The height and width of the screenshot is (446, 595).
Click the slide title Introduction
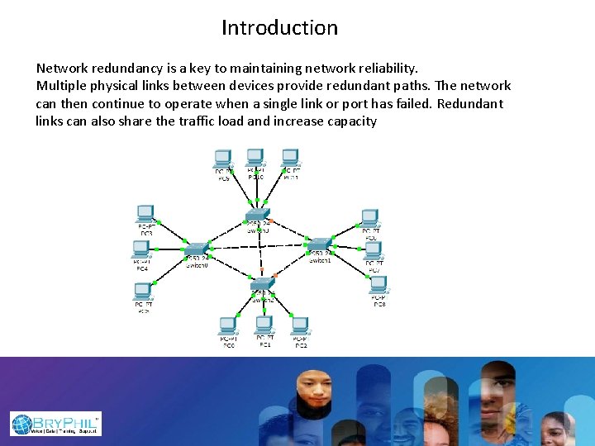[279, 28]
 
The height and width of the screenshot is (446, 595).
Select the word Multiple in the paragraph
[62, 86]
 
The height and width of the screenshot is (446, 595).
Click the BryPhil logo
[55, 424]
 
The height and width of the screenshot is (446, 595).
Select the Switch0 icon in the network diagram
[197, 249]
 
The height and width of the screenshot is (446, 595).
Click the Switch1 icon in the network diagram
[319, 244]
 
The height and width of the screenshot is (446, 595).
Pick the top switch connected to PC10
[257, 216]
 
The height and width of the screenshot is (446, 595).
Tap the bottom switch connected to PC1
[264, 285]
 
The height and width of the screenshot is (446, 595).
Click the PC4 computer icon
[141, 249]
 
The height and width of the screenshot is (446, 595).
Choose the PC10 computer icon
[255, 157]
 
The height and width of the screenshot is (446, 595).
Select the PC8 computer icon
[379, 284]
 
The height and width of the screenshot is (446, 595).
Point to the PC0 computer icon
[228, 325]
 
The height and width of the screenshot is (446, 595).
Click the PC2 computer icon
[300, 325]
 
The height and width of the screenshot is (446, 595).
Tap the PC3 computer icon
[145, 214]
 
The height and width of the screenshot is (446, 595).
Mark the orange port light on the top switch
[275, 223]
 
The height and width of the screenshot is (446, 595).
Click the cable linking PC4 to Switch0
[169, 248]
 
